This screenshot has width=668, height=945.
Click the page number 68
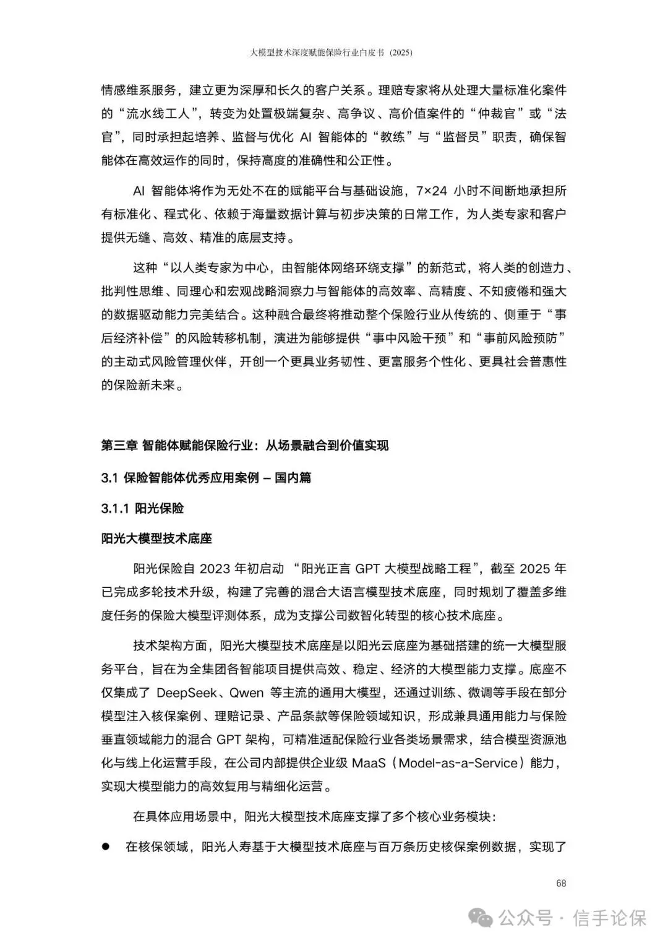click(561, 883)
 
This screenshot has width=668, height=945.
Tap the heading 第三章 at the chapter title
click(119, 446)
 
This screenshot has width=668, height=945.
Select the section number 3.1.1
click(114, 509)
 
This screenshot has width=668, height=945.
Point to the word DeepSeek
click(186, 693)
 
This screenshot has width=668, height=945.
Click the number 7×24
click(430, 191)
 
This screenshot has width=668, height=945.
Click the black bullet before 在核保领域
click(106, 845)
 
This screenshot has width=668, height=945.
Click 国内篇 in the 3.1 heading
click(293, 478)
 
